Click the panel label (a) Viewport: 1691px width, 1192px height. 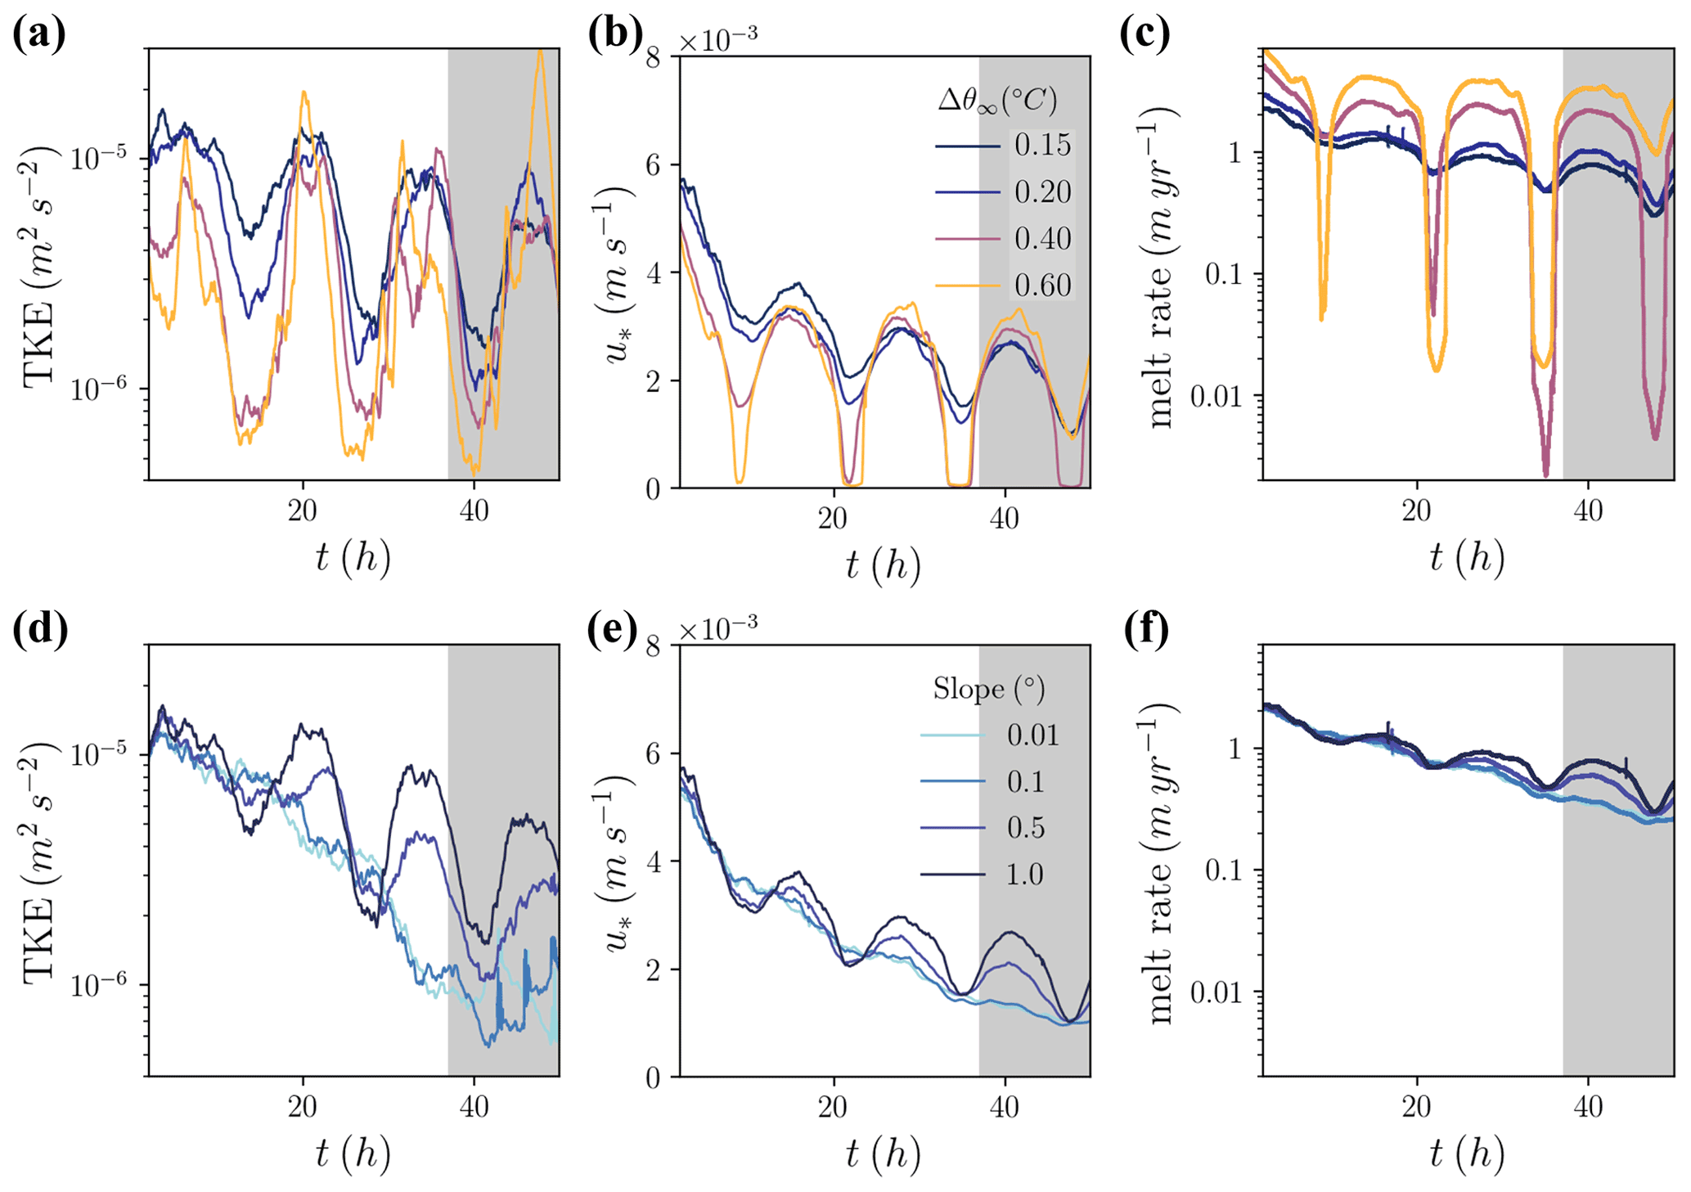[38, 35]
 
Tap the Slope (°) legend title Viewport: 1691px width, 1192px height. [989, 689]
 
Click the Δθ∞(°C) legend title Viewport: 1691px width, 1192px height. [997, 101]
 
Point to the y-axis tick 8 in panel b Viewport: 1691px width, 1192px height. [655, 57]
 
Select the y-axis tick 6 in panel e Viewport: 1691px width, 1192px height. [655, 753]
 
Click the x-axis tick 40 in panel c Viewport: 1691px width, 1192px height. [1588, 512]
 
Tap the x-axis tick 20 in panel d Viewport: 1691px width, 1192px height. [302, 1107]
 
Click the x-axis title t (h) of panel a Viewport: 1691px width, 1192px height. [353, 558]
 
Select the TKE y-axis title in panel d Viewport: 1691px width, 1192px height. [40, 861]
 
